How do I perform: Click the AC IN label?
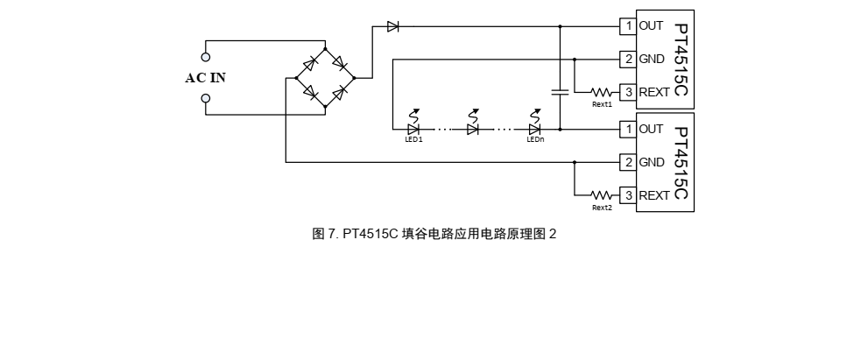(205, 78)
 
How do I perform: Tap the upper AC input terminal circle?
(206, 58)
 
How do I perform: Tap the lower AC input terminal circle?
(206, 98)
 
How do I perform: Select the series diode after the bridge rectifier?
(393, 26)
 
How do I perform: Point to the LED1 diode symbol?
(413, 129)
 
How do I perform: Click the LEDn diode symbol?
(534, 129)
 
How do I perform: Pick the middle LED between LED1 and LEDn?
(473, 129)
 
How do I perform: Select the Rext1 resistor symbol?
(602, 92)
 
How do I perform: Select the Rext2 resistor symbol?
(602, 195)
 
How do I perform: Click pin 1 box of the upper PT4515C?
(628, 26)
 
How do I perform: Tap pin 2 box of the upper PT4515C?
(628, 60)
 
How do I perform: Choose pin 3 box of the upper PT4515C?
(628, 92)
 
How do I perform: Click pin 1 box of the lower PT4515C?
(628, 130)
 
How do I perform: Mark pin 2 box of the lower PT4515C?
(628, 162)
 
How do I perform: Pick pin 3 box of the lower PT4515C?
(628, 195)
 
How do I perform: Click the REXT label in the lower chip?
(654, 195)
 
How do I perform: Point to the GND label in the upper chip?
(652, 60)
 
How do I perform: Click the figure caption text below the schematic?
(434, 234)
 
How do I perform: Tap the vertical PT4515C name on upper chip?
(681, 60)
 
